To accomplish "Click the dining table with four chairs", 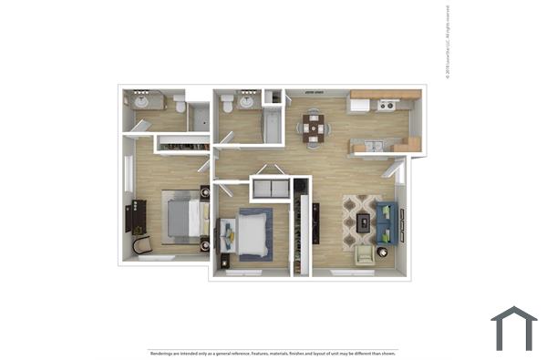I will [314, 128].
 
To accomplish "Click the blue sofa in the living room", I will [387, 222].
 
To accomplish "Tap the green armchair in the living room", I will [365, 254].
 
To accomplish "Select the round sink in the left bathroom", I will [142, 101].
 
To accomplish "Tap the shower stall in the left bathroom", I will [200, 118].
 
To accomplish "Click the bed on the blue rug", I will [251, 233].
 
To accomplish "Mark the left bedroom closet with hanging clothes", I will [182, 143].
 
